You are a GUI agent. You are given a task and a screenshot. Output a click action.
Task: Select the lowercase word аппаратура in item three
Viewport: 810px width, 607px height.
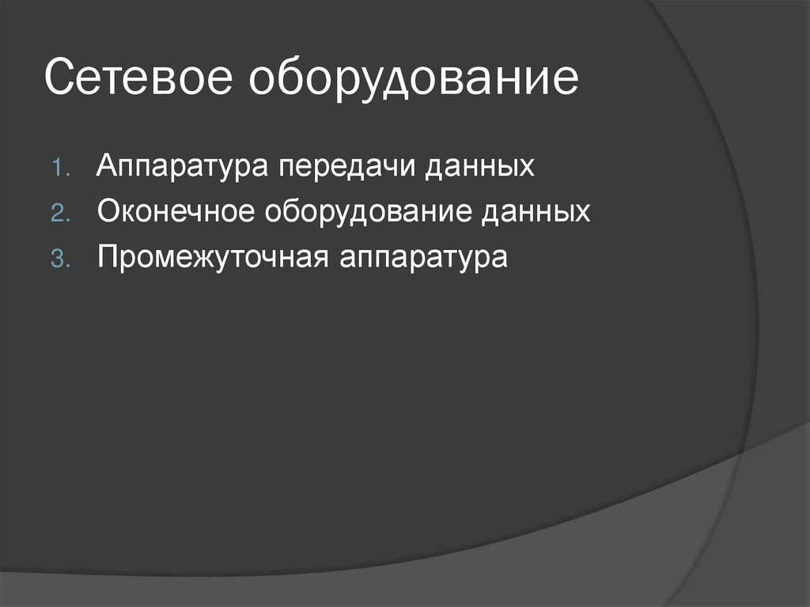pyautogui.click(x=424, y=259)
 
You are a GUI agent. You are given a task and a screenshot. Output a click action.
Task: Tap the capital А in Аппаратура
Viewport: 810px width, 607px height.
pyautogui.click(x=108, y=166)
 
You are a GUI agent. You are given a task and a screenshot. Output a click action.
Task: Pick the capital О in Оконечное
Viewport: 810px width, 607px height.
pyautogui.click(x=108, y=211)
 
